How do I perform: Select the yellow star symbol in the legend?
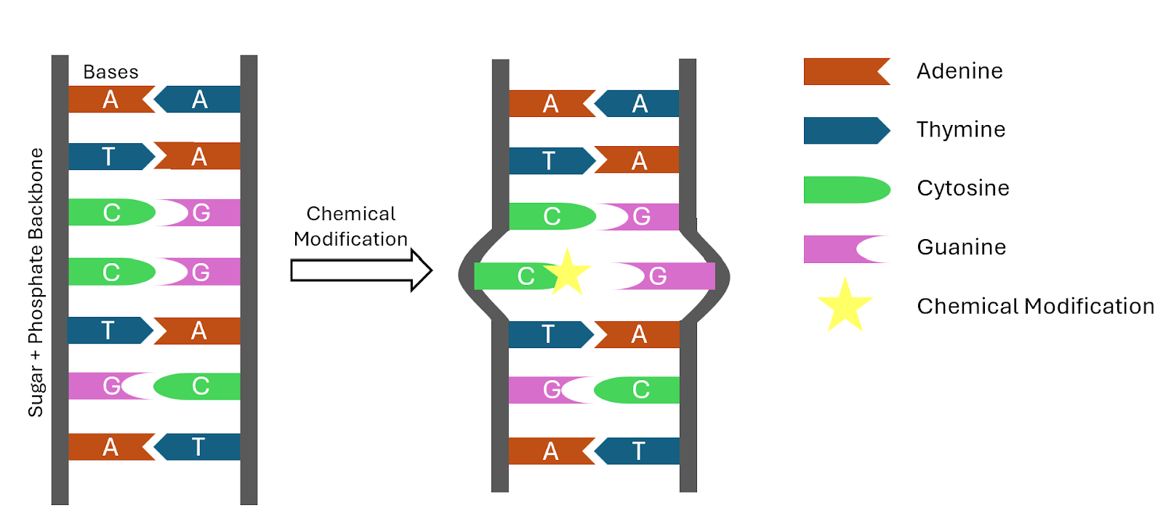tap(845, 306)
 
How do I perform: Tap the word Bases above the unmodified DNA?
tap(110, 72)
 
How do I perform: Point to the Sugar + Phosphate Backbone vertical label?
tap(36, 282)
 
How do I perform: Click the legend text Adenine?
tap(959, 71)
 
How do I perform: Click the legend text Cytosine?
tap(963, 188)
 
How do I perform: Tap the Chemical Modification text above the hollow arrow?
tap(351, 226)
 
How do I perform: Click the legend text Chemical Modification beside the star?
tap(1036, 307)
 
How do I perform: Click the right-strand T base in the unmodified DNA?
tap(198, 447)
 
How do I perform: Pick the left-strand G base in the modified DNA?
tap(545, 390)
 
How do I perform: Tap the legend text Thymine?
tap(961, 130)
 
